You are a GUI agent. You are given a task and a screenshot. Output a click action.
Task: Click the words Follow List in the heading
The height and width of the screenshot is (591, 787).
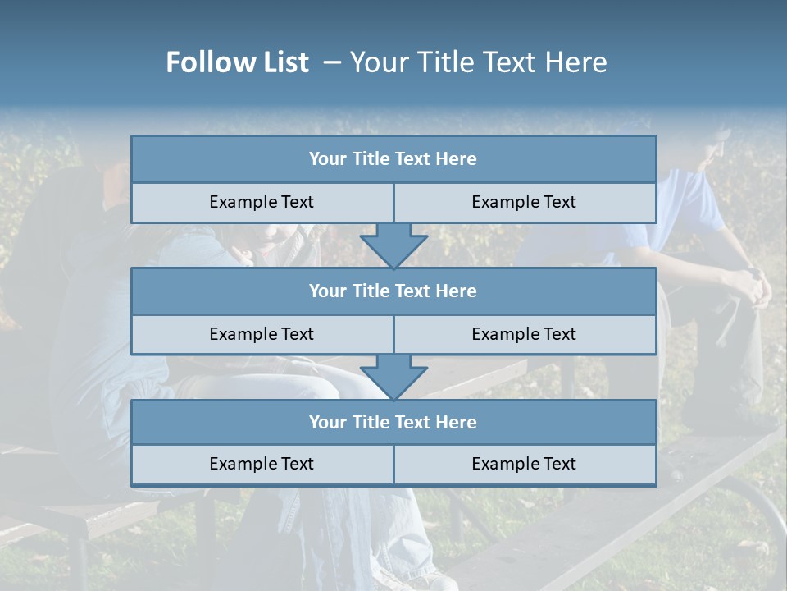pos(237,62)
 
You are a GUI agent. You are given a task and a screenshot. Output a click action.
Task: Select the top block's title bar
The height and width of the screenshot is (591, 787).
pos(393,159)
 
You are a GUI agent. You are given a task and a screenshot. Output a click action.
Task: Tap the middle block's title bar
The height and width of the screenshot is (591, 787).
pos(393,291)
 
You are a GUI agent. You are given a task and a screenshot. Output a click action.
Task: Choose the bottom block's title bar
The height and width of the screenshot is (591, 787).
pos(393,422)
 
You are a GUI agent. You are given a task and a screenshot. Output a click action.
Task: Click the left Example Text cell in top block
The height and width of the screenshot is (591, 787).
pos(262,202)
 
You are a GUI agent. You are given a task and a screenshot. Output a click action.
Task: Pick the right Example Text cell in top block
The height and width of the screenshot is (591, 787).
pos(524,202)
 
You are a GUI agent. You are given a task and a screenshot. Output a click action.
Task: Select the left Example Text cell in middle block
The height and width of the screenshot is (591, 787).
pos(262,334)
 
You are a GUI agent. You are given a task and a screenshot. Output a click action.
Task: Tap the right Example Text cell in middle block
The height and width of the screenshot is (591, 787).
pos(524,334)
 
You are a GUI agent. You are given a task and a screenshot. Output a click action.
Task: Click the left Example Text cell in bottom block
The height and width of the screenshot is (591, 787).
pos(262,464)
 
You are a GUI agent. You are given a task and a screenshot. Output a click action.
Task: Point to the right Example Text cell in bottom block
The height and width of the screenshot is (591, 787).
pos(524,464)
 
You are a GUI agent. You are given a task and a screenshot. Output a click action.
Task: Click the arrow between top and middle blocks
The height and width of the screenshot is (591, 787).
pos(393,245)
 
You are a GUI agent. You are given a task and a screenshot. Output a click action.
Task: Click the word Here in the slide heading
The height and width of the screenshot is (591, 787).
pos(577,62)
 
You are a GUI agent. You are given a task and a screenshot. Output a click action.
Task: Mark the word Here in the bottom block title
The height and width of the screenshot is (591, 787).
pos(456,422)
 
